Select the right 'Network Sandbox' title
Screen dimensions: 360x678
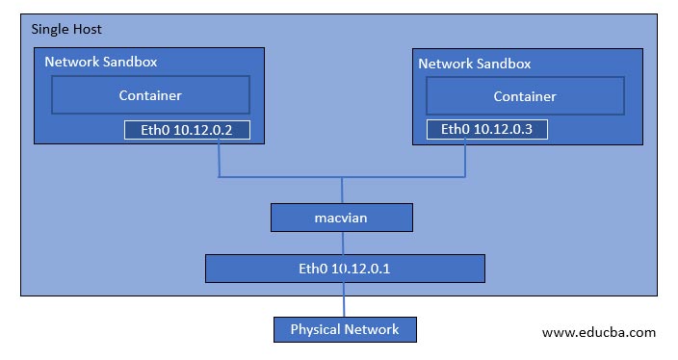point(474,64)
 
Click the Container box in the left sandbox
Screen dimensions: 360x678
point(150,95)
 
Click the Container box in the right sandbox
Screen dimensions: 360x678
point(525,96)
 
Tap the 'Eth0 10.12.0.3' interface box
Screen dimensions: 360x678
point(487,130)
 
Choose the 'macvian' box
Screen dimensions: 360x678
point(341,218)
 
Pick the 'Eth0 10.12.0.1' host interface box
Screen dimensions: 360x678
point(344,267)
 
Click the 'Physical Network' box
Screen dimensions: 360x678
point(345,329)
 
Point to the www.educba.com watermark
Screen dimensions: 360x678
point(598,332)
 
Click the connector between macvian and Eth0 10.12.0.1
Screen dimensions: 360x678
point(342,243)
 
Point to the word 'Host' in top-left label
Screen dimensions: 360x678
point(88,30)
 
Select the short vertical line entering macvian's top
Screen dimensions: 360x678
point(342,191)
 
